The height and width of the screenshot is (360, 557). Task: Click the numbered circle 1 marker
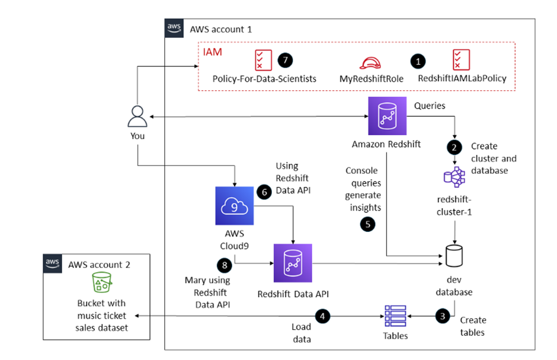[419, 60]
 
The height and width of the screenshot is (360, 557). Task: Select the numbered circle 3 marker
[442, 316]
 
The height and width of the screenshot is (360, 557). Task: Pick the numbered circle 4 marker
[322, 316]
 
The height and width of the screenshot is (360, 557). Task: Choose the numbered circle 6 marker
[264, 192]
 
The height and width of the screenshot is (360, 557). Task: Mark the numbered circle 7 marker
[286, 60]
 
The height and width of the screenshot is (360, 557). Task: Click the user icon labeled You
[137, 116]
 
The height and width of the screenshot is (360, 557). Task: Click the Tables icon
[395, 316]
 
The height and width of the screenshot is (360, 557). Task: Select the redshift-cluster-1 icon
[454, 176]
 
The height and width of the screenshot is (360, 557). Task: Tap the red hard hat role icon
[370, 62]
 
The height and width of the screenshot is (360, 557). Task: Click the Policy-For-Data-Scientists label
[264, 78]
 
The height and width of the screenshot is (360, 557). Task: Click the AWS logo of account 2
[53, 263]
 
